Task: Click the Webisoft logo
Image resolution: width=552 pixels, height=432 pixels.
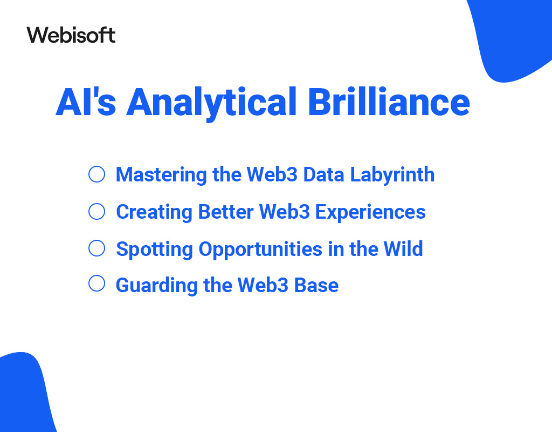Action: point(71,35)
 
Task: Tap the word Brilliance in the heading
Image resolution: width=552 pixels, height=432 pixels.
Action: point(389,102)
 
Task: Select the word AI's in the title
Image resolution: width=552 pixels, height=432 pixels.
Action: point(86,102)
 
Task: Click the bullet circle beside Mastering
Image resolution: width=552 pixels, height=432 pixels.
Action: point(97,174)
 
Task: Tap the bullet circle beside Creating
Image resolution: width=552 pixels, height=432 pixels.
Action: point(97,212)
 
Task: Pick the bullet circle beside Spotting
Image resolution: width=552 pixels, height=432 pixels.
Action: point(97,248)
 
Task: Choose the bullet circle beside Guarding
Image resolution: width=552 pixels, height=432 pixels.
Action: point(97,283)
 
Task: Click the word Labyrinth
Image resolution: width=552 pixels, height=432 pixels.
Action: point(392,175)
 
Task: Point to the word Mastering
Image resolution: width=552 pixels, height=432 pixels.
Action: point(161,175)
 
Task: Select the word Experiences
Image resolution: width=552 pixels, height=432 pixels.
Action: point(370,213)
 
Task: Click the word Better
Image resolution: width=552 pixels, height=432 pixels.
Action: point(226,212)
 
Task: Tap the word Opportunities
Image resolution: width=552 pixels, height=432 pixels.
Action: point(260,250)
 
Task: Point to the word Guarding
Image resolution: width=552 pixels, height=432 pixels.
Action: point(157,286)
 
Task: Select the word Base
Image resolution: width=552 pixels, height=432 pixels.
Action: point(316,285)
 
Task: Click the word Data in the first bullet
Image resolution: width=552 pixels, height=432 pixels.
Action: point(323,174)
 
